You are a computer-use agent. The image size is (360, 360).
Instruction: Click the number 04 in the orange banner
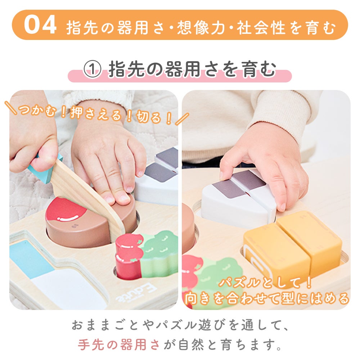tap(40, 24)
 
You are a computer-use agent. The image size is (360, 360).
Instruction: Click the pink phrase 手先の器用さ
tap(119, 345)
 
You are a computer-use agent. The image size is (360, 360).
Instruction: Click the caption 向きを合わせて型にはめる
tap(267, 298)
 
